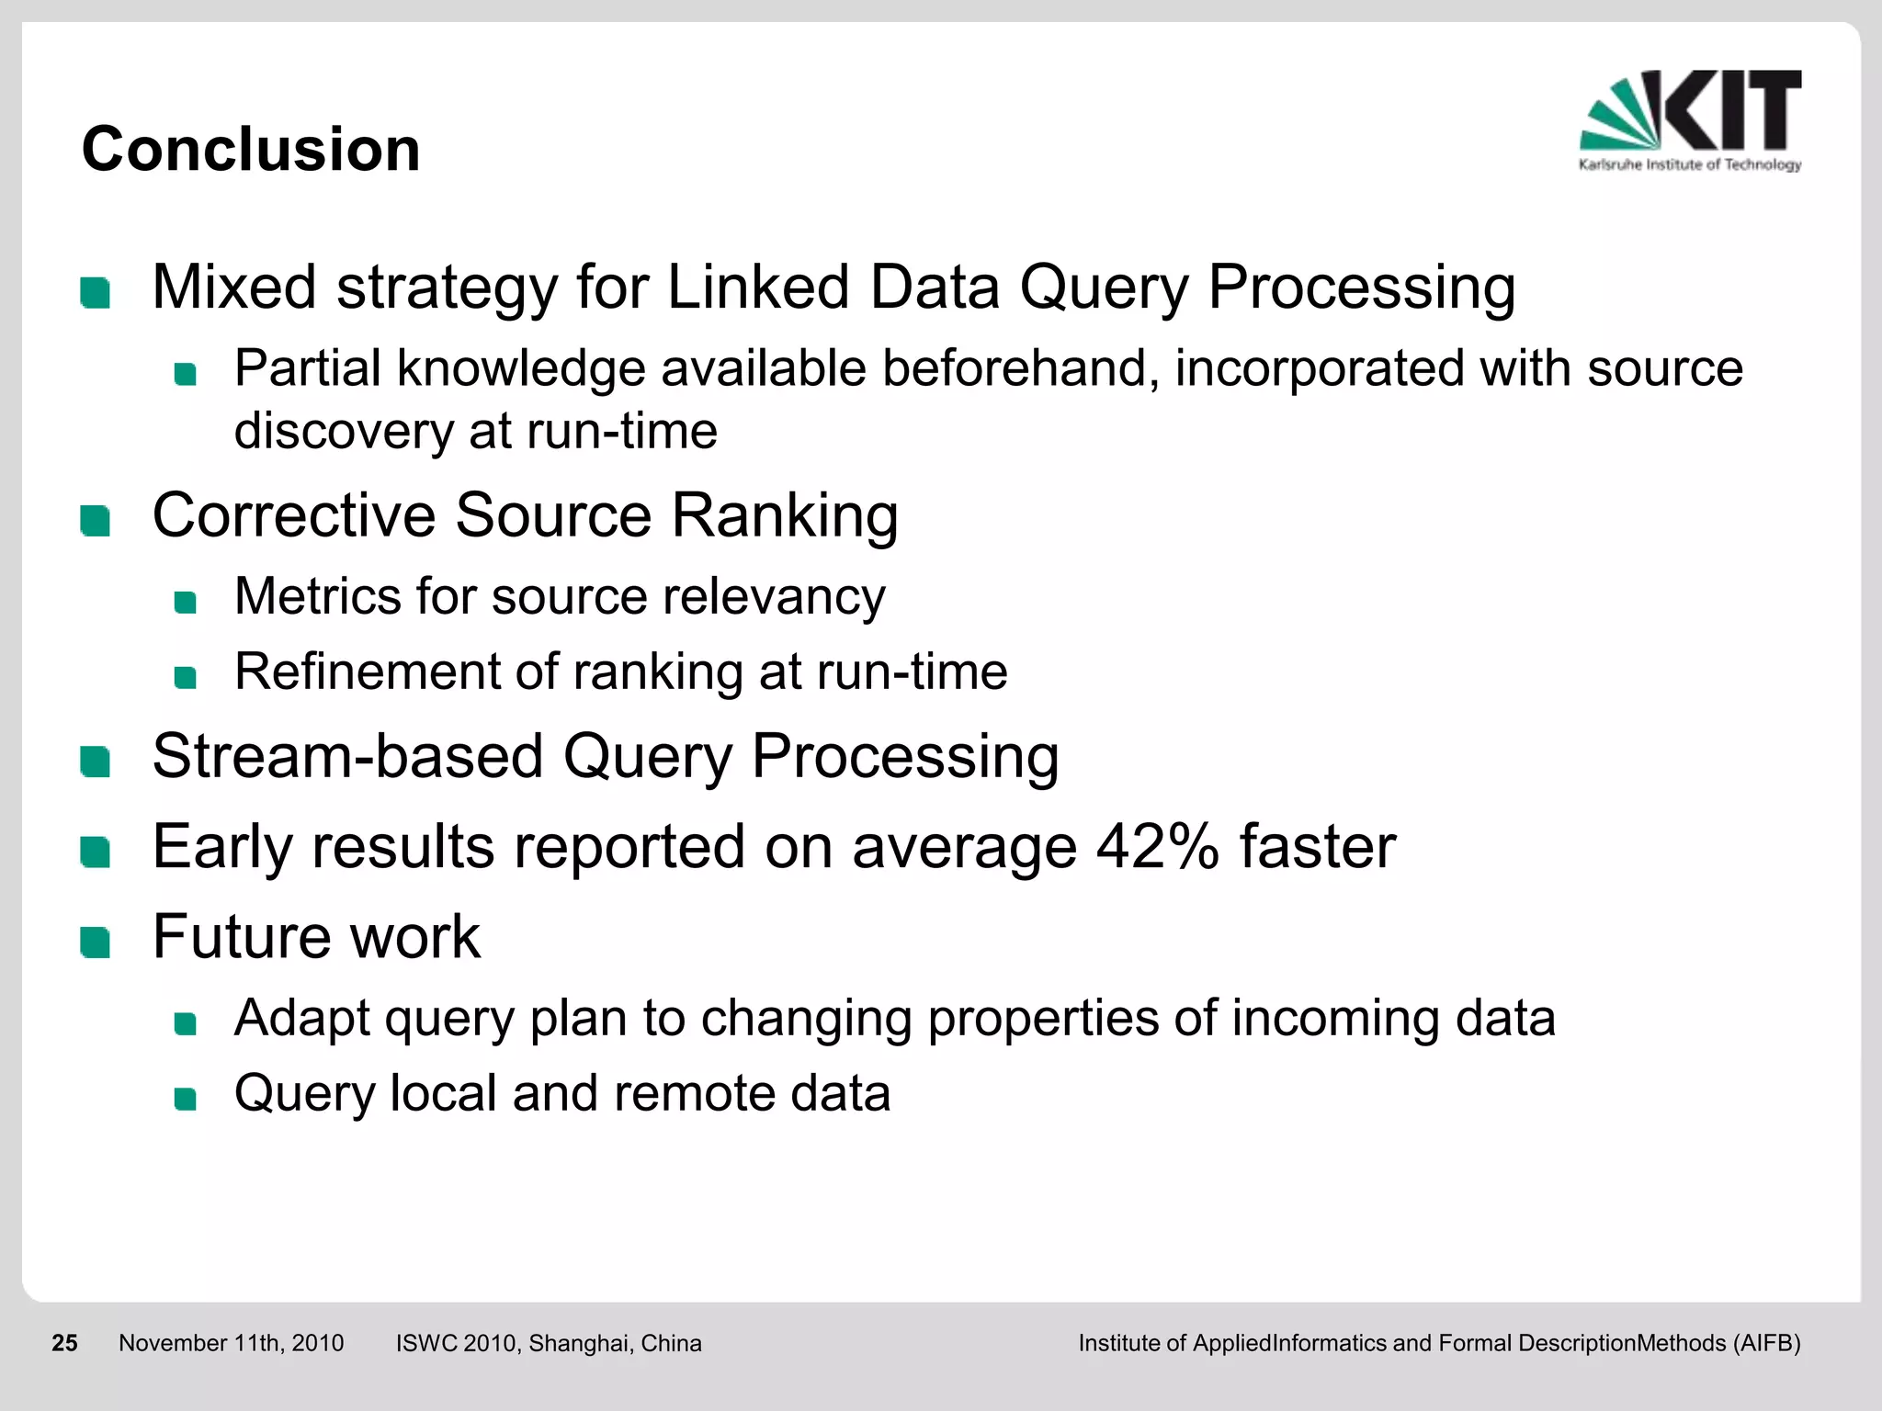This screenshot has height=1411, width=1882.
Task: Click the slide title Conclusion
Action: [x=251, y=149]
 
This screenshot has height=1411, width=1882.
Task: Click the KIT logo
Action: [x=1691, y=112]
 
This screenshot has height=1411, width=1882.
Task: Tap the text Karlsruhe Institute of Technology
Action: [x=1690, y=164]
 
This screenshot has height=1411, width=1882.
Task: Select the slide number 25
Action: [x=64, y=1343]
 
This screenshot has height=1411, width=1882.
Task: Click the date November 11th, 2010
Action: [x=231, y=1343]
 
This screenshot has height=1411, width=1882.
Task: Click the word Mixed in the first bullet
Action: [x=234, y=287]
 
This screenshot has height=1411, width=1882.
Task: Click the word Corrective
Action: [x=293, y=514]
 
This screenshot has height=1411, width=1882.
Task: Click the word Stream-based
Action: [x=347, y=756]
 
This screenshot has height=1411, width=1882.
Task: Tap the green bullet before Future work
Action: [x=95, y=943]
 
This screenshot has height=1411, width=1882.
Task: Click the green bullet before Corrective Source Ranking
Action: [x=95, y=521]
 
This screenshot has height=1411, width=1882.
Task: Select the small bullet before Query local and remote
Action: [x=186, y=1099]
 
